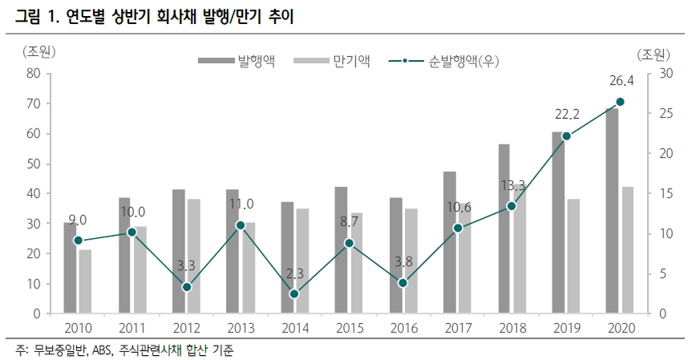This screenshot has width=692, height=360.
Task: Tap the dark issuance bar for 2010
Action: coord(70,268)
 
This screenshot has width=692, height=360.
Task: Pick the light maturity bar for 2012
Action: coord(194,256)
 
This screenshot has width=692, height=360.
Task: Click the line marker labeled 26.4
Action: coord(620,102)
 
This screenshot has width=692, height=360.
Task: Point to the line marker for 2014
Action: coord(294,294)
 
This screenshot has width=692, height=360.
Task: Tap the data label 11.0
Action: coord(240,204)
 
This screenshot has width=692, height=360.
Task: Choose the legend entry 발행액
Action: coord(256,61)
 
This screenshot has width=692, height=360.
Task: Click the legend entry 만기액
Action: coord(350,61)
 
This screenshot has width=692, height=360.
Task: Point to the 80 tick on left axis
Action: coord(33,74)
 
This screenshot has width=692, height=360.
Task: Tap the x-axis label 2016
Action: coord(403,329)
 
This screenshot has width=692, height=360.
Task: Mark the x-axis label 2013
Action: coord(241,329)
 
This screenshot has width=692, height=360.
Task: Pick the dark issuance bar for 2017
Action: coord(449,242)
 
